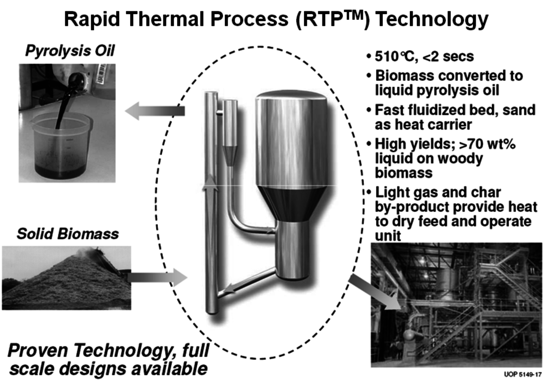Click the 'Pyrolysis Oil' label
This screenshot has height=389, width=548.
[x=70, y=51]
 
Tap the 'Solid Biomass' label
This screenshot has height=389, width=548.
[x=67, y=234]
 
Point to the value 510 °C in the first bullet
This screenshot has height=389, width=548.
[x=395, y=57]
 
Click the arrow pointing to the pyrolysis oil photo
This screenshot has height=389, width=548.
[x=155, y=111]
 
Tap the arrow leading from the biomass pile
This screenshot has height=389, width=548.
[x=157, y=277]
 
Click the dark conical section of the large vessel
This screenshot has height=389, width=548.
[x=291, y=203]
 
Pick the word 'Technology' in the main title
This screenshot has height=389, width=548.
[x=432, y=19]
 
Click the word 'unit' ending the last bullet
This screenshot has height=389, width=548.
[x=388, y=236]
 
